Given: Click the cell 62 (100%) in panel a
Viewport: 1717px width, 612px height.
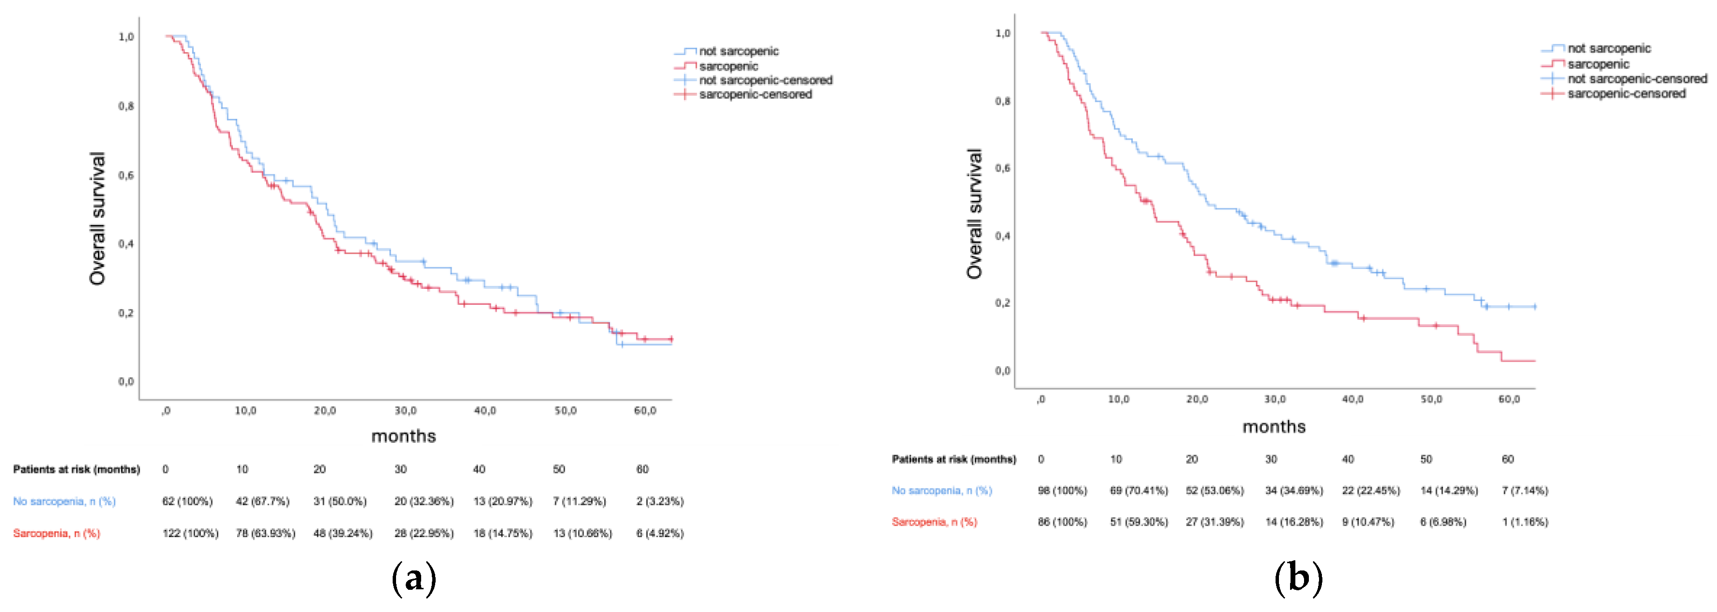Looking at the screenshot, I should [x=187, y=501].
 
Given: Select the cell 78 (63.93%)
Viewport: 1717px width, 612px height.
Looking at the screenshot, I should [x=265, y=533].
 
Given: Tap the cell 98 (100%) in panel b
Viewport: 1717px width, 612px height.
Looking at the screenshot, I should [x=1062, y=491].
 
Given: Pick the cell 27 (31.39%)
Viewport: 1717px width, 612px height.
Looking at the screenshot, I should [x=1214, y=522].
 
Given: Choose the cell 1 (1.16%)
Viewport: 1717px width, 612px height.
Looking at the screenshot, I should [x=1524, y=522].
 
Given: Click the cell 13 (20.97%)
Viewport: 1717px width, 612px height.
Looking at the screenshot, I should [x=503, y=501].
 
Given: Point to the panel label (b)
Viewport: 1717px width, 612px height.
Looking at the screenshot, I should [x=1298, y=577].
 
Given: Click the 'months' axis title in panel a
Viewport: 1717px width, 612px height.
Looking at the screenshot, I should [x=403, y=436].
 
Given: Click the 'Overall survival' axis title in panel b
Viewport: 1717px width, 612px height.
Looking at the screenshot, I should [x=975, y=213].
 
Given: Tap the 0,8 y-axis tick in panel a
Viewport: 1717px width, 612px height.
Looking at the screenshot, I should [x=126, y=106].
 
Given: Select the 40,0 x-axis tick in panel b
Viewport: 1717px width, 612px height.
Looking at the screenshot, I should [x=1352, y=399].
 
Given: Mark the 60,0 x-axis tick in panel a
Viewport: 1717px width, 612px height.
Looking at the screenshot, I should [x=645, y=411].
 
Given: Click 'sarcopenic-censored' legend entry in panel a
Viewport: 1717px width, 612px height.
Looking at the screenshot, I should [x=754, y=95].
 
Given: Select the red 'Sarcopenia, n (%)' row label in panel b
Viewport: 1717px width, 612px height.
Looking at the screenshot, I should [x=934, y=522].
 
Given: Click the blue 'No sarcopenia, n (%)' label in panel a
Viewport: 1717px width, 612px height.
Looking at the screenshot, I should [x=64, y=501].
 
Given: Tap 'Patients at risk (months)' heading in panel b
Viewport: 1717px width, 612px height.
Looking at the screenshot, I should [x=953, y=459].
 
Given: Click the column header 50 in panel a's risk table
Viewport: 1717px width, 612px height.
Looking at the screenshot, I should [x=558, y=470].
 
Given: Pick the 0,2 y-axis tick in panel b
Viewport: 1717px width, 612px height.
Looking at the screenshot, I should [x=1002, y=303].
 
